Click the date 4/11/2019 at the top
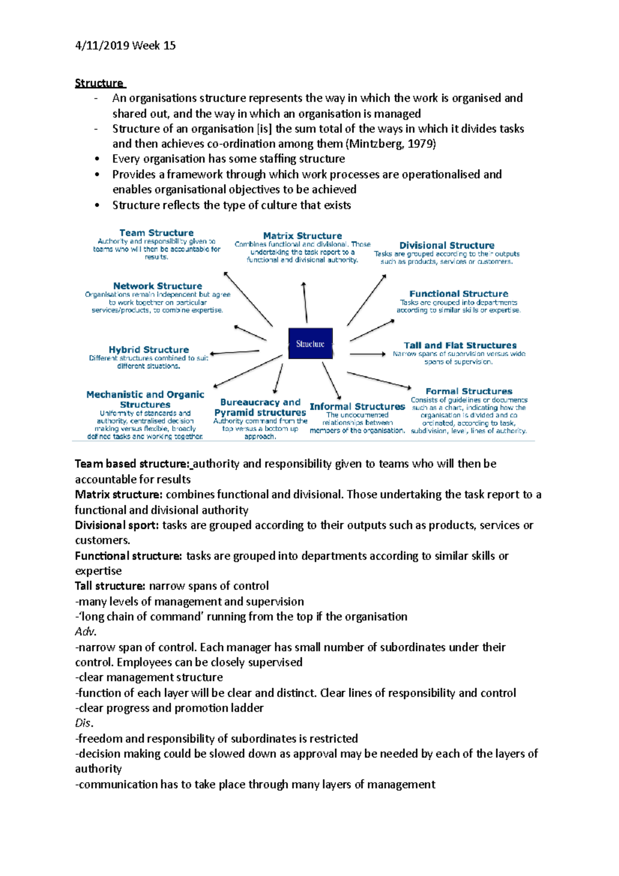click(102, 46)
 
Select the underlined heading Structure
click(99, 83)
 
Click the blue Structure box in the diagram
click(310, 344)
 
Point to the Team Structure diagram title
click(156, 233)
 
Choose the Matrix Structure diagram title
click(302, 236)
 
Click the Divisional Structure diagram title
click(447, 246)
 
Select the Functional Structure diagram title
click(459, 294)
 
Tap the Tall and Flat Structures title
click(460, 345)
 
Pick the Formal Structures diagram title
click(469, 391)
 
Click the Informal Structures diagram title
click(357, 407)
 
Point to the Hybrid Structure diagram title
click(149, 349)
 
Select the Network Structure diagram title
click(157, 286)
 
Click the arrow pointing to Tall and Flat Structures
click(367, 354)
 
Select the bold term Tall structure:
click(110, 586)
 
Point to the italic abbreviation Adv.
click(86, 632)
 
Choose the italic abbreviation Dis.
click(84, 723)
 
